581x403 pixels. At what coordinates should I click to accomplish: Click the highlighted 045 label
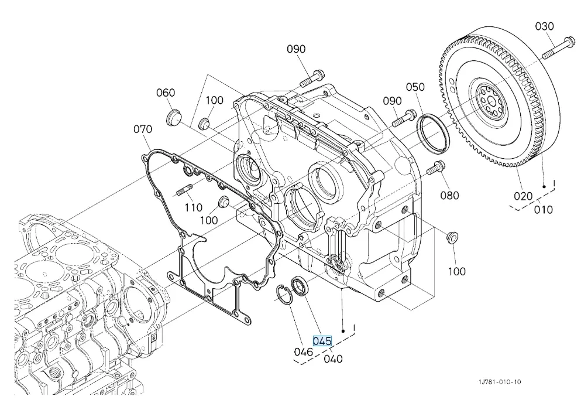[322, 341]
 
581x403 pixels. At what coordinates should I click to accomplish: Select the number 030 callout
[544, 27]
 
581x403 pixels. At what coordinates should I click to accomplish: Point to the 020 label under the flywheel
[523, 196]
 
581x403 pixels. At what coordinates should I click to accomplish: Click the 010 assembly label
[543, 209]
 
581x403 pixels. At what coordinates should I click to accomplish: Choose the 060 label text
[166, 93]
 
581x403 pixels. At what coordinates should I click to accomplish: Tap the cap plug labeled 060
[173, 117]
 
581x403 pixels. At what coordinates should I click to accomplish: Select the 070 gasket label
[143, 129]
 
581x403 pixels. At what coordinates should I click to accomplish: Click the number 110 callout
[193, 207]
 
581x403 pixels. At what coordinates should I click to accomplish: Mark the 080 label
[450, 195]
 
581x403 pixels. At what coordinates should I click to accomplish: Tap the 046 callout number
[303, 352]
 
